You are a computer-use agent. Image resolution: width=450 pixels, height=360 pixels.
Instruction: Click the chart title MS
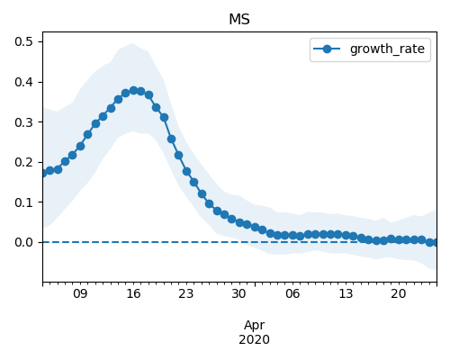point(239,20)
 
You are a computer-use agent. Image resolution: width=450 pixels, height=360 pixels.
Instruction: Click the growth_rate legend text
point(387,49)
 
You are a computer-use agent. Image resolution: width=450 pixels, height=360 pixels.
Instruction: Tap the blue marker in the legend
point(327,49)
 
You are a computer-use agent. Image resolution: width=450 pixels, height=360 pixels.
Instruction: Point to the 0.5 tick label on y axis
point(23,41)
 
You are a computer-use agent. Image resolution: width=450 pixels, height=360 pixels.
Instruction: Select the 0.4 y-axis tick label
point(23,82)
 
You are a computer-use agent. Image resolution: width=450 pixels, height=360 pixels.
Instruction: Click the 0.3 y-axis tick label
point(23,122)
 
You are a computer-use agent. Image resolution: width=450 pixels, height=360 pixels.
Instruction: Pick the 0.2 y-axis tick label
point(23,162)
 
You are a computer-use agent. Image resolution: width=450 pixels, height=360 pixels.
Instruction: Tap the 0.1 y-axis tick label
point(23,202)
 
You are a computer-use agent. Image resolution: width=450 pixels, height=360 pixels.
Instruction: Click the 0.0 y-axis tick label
point(23,242)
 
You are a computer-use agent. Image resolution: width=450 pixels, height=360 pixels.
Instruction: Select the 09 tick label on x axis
point(80,293)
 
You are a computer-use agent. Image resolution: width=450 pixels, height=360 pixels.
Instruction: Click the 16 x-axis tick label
point(133,293)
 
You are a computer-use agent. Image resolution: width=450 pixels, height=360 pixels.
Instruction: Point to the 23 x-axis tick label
point(186,293)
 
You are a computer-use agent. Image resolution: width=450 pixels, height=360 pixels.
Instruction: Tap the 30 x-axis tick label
point(239,293)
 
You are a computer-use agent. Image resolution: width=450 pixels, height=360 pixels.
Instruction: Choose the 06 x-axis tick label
point(292,293)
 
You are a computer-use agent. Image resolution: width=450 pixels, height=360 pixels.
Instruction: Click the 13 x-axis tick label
point(346,293)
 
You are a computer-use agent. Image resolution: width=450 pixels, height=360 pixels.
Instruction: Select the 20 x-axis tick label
point(399,293)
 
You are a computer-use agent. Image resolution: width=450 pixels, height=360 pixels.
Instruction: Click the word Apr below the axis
point(255,326)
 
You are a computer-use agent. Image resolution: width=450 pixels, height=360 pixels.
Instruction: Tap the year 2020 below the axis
point(255,339)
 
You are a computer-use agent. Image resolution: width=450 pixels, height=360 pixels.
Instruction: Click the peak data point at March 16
point(133,90)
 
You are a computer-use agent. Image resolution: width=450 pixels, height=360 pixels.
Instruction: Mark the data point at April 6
point(292,235)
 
